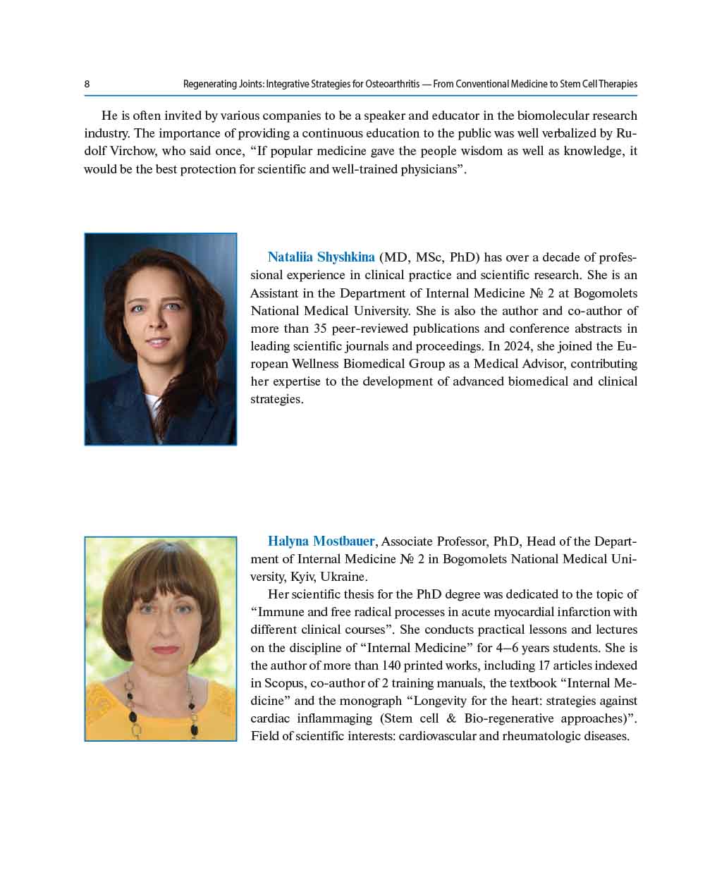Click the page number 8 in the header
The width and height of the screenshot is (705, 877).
click(87, 85)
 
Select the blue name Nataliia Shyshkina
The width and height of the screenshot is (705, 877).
click(321, 257)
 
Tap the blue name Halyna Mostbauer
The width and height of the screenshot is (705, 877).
click(321, 541)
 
